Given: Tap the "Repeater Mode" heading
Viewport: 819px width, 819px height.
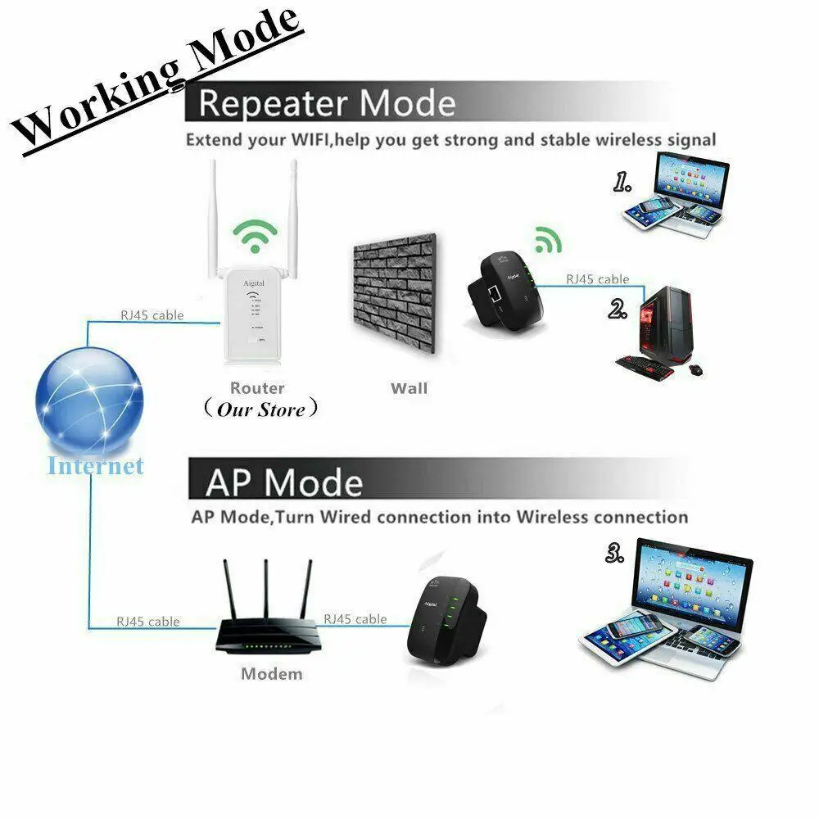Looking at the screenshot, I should (x=326, y=104).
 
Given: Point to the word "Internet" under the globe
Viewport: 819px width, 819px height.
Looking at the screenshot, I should (x=95, y=466).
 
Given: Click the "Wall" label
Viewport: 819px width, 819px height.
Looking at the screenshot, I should (x=409, y=387).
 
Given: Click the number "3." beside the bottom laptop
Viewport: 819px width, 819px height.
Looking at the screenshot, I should (x=615, y=555).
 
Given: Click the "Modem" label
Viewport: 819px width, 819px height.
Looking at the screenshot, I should (x=271, y=674).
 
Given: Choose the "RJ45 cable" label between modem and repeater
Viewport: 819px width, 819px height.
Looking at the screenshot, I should (x=355, y=619).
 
